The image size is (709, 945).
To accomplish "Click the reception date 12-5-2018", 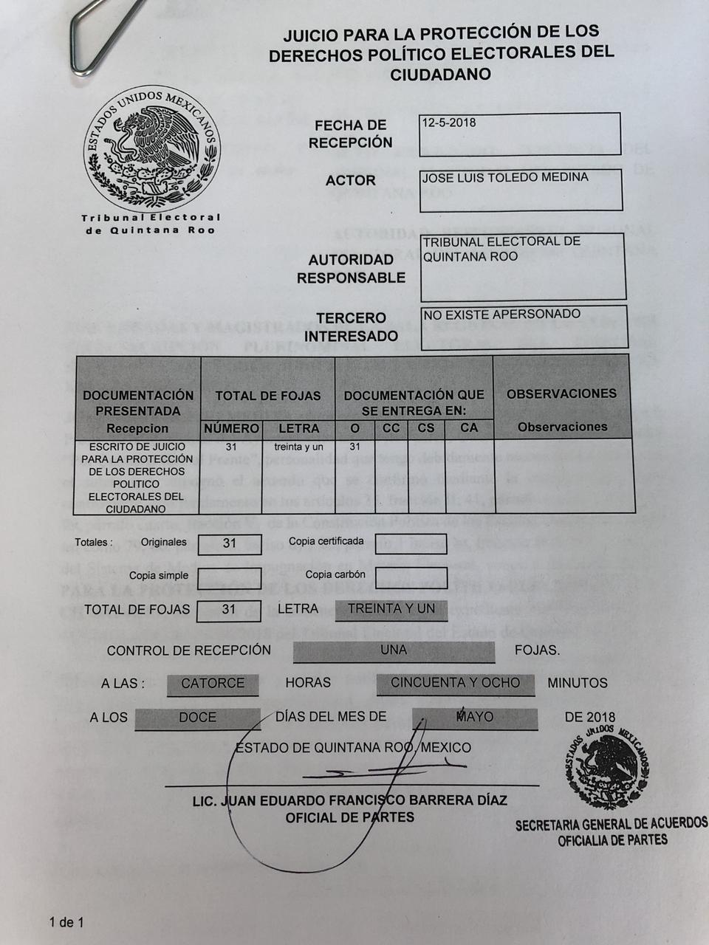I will [x=449, y=123].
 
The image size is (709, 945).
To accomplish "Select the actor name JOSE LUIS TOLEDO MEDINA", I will [x=504, y=178].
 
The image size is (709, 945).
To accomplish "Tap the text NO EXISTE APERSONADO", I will [x=501, y=315].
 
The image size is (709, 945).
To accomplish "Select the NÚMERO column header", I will [x=231, y=428].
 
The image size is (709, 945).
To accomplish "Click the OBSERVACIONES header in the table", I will [x=561, y=394].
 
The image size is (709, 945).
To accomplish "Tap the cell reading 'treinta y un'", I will [x=298, y=447].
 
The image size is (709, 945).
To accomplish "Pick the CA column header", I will [x=469, y=427].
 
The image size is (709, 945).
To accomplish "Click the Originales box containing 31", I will [x=230, y=543].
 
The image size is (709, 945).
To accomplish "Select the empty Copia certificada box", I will [x=411, y=543].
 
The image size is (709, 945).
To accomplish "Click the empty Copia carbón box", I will [x=411, y=577].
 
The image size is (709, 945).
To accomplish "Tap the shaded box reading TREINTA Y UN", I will [x=391, y=609].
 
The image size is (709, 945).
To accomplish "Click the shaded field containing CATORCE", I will [x=213, y=684].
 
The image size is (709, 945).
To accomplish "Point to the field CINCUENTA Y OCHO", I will [x=455, y=683].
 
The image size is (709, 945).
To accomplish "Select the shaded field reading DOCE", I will [x=197, y=718].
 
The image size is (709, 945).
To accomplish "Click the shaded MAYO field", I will [x=475, y=717].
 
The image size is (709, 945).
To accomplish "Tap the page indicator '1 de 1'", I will [x=66, y=922].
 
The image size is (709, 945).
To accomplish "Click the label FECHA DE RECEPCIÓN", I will [x=350, y=134].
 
